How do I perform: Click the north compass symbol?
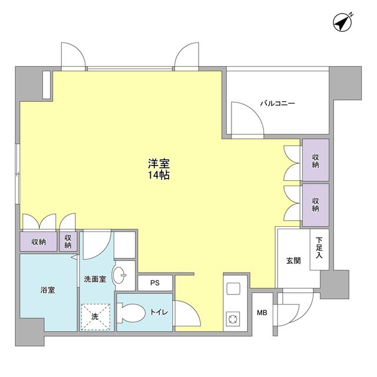click(x=342, y=22)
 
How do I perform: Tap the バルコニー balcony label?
click(x=277, y=104)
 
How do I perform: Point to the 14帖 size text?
click(x=158, y=176)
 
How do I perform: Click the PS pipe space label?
click(x=154, y=283)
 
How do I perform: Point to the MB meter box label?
click(x=262, y=312)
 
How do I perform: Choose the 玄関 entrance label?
click(x=293, y=260)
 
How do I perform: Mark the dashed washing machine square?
click(x=95, y=316)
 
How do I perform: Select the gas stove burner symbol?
click(x=232, y=320)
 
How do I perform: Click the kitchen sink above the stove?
click(x=232, y=290)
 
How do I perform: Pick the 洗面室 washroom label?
click(x=95, y=279)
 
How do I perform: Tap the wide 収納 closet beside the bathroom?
click(x=39, y=242)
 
